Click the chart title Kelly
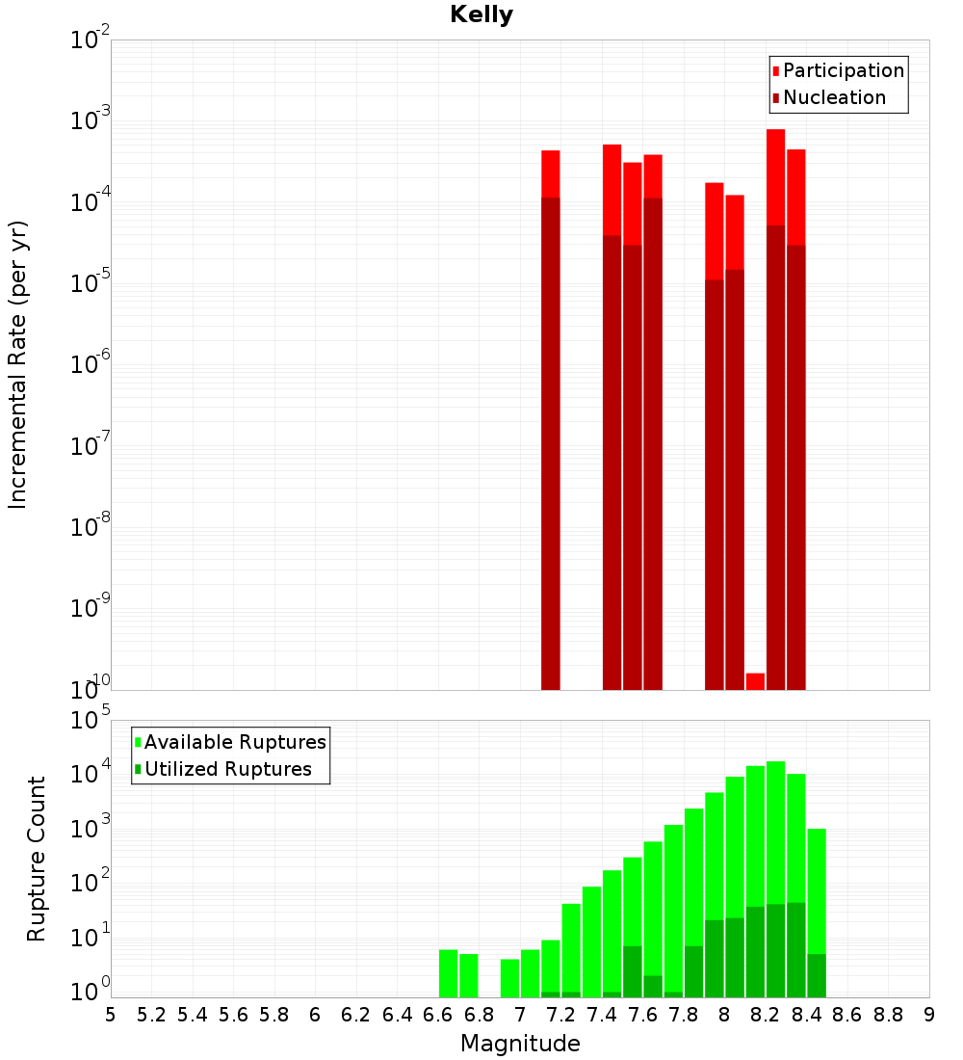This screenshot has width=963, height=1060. coord(481,15)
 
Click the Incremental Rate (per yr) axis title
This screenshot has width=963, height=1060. coord(18,364)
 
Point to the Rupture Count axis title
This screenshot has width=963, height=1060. coord(37,859)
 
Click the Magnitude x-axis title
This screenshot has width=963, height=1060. coord(520,1044)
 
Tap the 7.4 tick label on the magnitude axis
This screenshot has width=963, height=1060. coord(602,1015)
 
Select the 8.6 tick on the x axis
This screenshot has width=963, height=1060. coord(847,1015)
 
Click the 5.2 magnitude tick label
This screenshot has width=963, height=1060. coord(152,1015)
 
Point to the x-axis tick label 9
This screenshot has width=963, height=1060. coord(929,1015)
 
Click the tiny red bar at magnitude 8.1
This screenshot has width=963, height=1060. coord(755,680)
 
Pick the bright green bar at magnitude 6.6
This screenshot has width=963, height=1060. coord(448,973)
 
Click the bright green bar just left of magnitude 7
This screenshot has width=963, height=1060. coord(509,978)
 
